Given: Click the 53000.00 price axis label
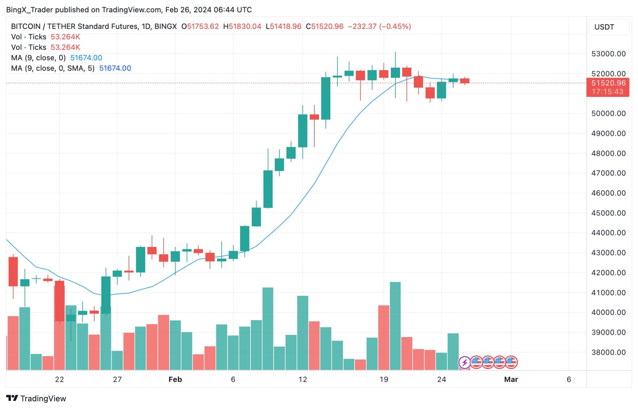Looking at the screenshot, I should click(x=608, y=54).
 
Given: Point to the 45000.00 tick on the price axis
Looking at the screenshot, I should click(x=608, y=213).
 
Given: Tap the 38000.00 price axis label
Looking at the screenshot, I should click(x=608, y=352).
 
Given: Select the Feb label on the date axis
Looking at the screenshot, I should click(x=175, y=380).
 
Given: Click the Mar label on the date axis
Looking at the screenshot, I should click(x=511, y=380).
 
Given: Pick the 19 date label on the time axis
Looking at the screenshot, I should click(x=383, y=380).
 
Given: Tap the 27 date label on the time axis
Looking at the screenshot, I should click(x=117, y=380).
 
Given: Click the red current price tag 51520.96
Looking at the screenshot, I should click(x=608, y=83).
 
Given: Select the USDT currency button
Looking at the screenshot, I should click(x=604, y=27).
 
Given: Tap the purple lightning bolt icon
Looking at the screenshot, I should click(x=464, y=362).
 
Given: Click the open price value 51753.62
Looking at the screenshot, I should click(x=203, y=27).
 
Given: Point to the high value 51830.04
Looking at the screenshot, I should click(x=245, y=27).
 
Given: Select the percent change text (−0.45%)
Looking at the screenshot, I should click(x=395, y=27).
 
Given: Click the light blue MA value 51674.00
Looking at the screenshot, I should click(x=86, y=58).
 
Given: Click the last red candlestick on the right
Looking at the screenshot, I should click(x=465, y=81).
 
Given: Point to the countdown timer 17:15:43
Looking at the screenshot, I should click(x=607, y=92).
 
